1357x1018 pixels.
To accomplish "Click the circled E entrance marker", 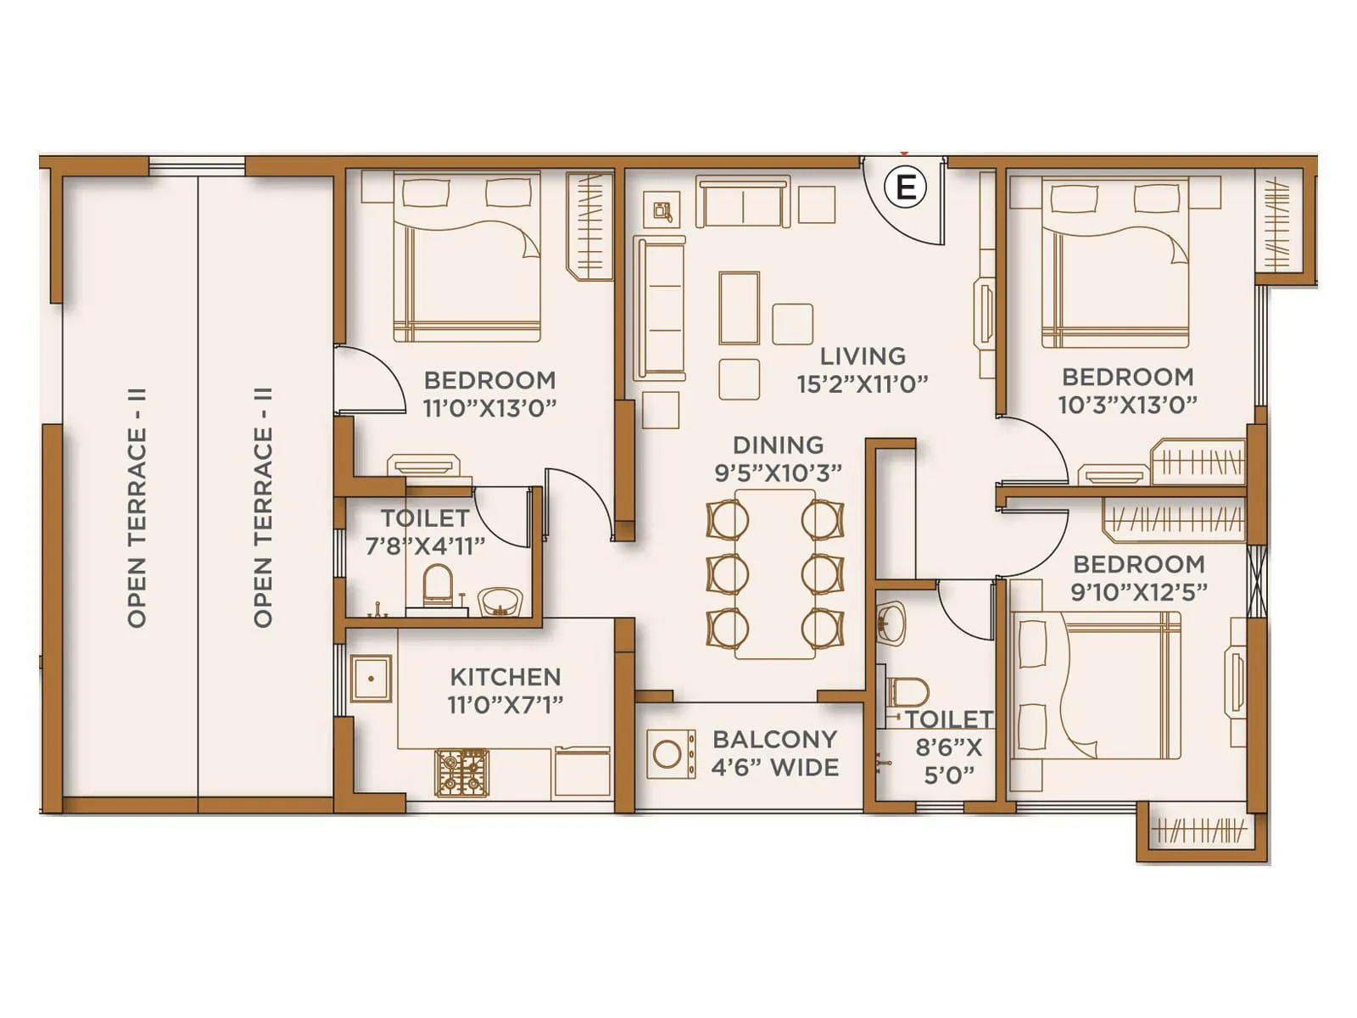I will (906, 186).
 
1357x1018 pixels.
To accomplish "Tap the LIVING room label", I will (863, 356).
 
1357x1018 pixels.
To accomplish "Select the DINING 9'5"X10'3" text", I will (778, 459).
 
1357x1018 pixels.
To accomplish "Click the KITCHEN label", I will (505, 677).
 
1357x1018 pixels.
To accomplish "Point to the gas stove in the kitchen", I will (462, 772).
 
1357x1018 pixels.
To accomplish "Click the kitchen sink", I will (371, 679).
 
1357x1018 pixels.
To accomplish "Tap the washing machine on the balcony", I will (667, 754).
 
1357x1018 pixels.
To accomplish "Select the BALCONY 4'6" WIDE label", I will (774, 753).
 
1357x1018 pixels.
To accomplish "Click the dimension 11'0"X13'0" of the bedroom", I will (489, 408).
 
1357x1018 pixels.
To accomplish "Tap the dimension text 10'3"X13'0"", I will (1127, 405).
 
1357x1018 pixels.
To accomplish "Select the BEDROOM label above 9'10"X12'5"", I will (1138, 564).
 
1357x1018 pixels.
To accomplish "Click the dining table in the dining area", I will (774, 573).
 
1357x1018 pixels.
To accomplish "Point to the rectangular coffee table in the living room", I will (739, 307).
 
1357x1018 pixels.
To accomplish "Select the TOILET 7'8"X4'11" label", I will (425, 531).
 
